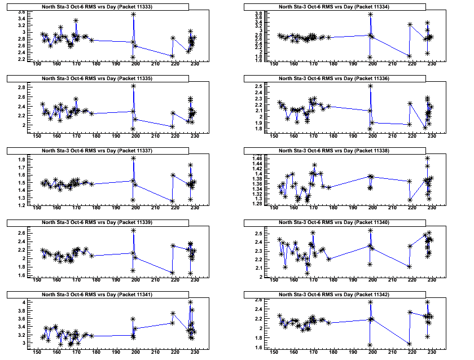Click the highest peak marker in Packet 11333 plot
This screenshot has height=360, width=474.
(133, 14)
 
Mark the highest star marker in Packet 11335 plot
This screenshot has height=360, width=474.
(133, 86)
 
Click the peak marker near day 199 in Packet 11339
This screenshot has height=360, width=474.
(133, 230)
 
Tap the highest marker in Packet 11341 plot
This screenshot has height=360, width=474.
(191, 302)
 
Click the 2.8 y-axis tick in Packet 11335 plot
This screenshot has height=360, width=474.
(21, 87)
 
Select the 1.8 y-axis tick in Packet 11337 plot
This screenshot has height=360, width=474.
(21, 160)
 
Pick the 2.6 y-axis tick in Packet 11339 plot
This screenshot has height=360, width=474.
(21, 233)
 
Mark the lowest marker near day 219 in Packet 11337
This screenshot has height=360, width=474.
(172, 201)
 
